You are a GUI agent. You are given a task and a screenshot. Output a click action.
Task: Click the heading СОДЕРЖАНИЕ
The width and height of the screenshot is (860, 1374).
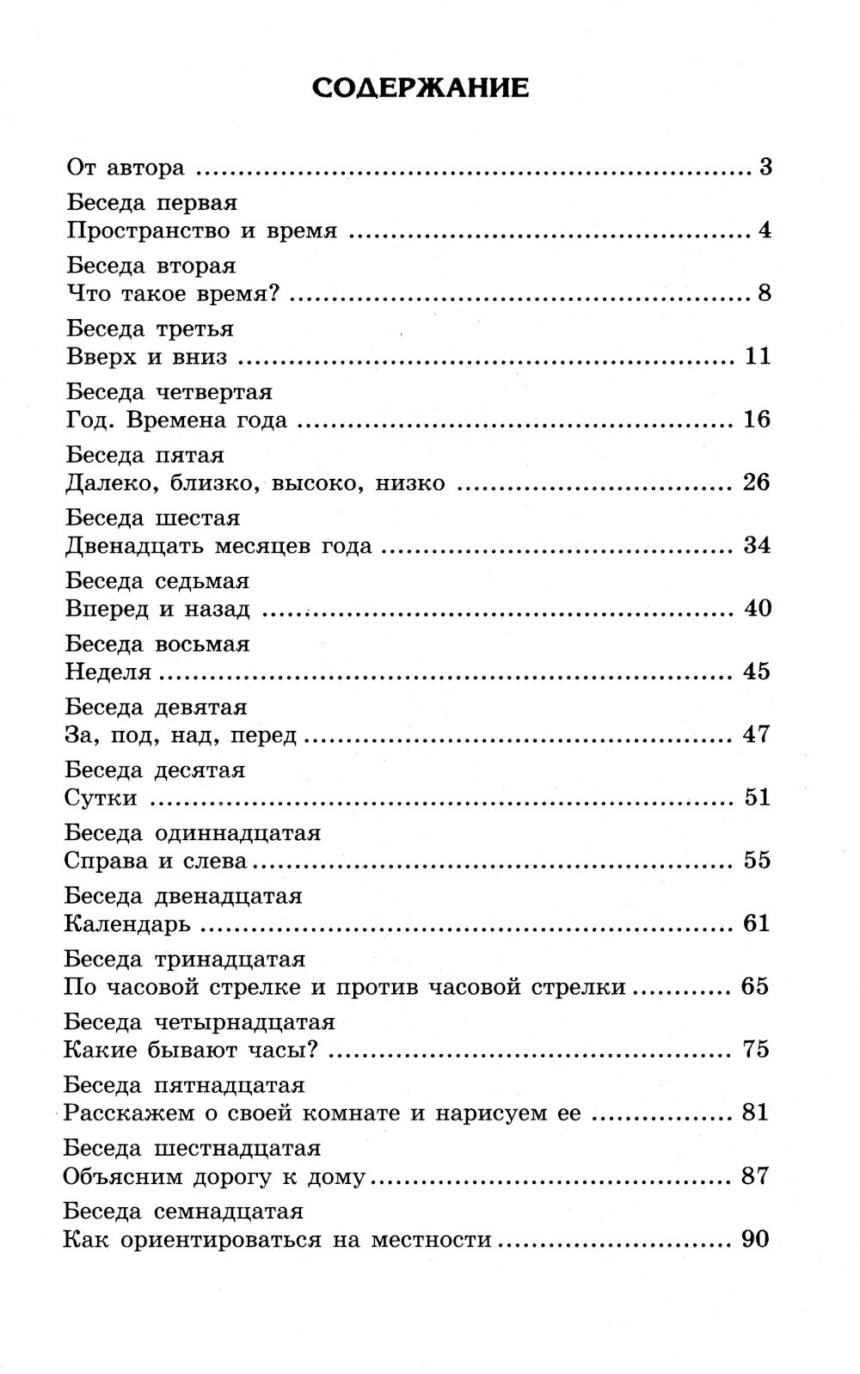coord(420,88)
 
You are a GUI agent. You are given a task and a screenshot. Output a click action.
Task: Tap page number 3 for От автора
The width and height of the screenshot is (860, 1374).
coord(765,167)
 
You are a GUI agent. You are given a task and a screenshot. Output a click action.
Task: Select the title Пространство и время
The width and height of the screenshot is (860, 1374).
coord(201,230)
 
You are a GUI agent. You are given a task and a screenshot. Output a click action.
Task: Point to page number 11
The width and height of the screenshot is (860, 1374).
coord(757,356)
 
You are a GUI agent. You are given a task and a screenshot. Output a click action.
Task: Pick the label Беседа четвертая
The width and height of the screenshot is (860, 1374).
coord(169,392)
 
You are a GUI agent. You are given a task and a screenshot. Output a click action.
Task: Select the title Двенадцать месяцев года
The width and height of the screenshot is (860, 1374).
coord(218,546)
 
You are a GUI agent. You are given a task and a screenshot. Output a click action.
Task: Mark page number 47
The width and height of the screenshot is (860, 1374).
coord(756,734)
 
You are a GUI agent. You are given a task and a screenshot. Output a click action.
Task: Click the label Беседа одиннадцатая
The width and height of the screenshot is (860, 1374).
coord(192,833)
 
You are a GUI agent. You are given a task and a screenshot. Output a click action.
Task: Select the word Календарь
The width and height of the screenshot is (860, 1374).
coord(126,924)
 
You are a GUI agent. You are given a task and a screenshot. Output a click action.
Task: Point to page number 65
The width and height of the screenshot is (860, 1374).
coord(754,986)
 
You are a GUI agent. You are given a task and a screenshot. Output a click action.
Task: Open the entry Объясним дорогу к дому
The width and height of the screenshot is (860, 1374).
coord(214,1176)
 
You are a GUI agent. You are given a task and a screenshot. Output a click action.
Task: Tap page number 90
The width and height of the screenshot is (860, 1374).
coord(754,1239)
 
